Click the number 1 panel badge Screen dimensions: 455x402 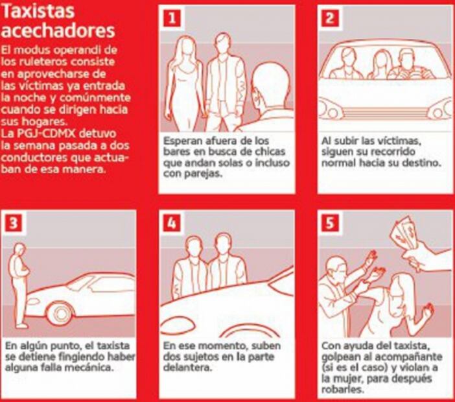(172, 19)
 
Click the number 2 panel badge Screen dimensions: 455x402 (330, 19)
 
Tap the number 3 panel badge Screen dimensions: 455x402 (14, 224)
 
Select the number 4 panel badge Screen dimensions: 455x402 (172, 224)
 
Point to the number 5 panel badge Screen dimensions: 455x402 (330, 224)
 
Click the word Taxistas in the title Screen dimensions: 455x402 (38, 11)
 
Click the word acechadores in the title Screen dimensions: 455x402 (58, 30)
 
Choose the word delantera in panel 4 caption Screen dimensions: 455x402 (187, 368)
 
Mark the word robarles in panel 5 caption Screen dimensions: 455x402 (342, 389)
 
